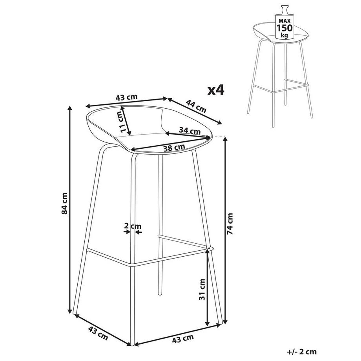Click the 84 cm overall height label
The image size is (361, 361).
[x=65, y=204]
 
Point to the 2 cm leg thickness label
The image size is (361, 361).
[x=132, y=226]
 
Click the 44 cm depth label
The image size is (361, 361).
[x=196, y=106]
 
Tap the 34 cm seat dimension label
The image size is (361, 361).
[x=189, y=130]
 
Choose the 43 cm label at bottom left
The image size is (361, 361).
[x=98, y=332]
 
